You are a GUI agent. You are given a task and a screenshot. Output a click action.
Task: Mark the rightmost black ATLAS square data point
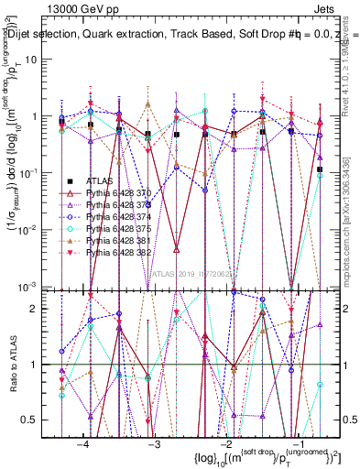point(319,169)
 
